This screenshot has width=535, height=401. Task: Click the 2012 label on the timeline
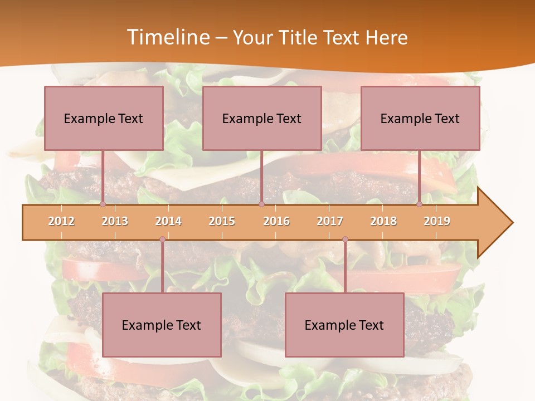pyautogui.click(x=61, y=221)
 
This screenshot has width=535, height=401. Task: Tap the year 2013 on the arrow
pyautogui.click(x=115, y=221)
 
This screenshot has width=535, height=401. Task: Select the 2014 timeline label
pyautogui.click(x=168, y=221)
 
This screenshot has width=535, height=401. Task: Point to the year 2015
pyautogui.click(x=222, y=221)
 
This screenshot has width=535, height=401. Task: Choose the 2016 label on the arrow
pyautogui.click(x=276, y=221)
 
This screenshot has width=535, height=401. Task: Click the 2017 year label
pyautogui.click(x=330, y=221)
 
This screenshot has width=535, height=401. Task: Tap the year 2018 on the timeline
pyautogui.click(x=383, y=221)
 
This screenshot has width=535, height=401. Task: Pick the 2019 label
pyautogui.click(x=437, y=221)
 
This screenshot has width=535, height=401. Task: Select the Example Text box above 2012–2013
pyautogui.click(x=104, y=118)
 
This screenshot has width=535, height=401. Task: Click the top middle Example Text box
pyautogui.click(x=262, y=118)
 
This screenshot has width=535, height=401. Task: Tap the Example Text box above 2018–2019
pyautogui.click(x=420, y=118)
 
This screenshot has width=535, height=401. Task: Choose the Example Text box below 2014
pyautogui.click(x=162, y=325)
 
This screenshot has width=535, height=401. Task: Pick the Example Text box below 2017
pyautogui.click(x=344, y=325)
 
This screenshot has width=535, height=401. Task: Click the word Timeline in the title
pyautogui.click(x=167, y=37)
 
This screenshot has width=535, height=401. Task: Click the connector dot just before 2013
pyautogui.click(x=103, y=204)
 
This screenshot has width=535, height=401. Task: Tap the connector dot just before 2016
pyautogui.click(x=261, y=204)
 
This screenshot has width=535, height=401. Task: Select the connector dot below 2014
pyautogui.click(x=162, y=239)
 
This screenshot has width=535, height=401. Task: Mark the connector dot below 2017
pyautogui.click(x=345, y=239)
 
